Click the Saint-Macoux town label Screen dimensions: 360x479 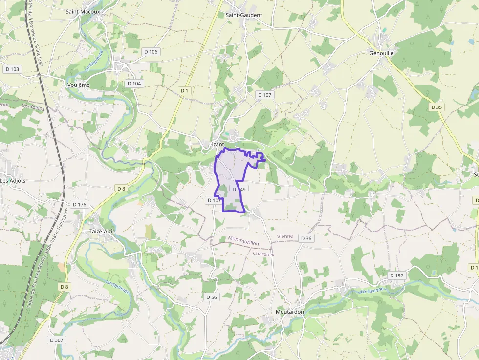83,11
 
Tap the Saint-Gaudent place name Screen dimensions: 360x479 244,15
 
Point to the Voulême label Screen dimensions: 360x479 78,85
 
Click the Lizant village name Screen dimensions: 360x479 217,145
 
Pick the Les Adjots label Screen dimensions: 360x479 13,180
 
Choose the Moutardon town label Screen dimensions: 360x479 289,312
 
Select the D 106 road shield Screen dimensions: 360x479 151,52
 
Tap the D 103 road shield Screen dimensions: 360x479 12,69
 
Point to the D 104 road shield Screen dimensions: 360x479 134,84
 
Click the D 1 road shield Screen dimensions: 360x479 184,91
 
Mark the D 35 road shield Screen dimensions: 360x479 436,107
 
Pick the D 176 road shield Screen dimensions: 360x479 79,204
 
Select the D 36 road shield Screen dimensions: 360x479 306,238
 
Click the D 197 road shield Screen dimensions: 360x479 397,276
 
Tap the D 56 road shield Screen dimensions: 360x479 211,297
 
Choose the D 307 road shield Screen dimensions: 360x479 57,340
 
